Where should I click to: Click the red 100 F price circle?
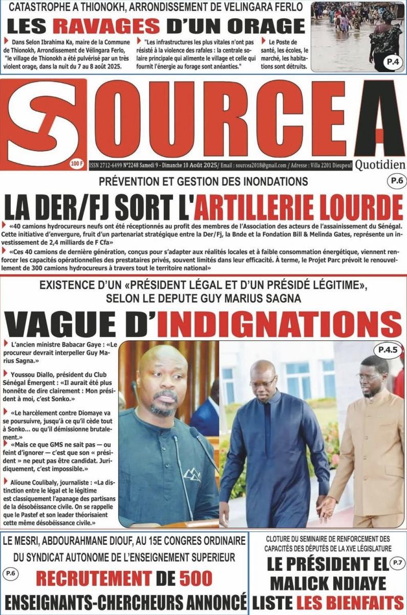tap(76, 164)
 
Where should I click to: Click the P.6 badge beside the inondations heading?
tap(393, 181)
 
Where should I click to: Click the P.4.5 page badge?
tap(388, 350)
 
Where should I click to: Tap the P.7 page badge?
tap(397, 563)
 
